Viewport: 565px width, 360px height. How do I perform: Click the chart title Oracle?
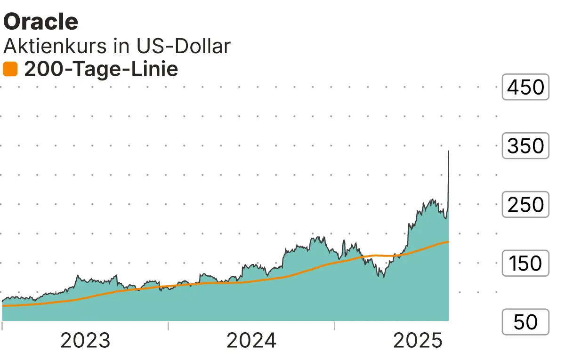pos(40,21)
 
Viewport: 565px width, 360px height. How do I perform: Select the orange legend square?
pos(10,70)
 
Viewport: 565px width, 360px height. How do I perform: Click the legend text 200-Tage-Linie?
pos(101,70)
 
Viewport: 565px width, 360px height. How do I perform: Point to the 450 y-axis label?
pos(525,87)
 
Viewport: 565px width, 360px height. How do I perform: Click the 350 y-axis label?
pos(525,146)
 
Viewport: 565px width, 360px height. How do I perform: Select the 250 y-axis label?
pos(525,205)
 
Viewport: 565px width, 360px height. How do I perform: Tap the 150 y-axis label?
pos(525,264)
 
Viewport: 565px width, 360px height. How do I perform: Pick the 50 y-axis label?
pos(525,322)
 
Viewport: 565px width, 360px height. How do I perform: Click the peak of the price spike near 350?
pos(448,151)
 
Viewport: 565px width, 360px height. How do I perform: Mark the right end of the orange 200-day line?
pos(448,242)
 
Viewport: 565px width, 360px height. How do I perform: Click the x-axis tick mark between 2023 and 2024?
pos(168,325)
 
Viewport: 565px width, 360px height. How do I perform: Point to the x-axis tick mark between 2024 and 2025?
pos(334,325)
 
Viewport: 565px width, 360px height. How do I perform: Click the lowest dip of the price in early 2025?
pos(383,277)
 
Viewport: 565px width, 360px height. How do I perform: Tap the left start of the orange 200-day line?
pos(3,306)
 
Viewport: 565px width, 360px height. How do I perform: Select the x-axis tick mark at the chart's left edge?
pos(2,325)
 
